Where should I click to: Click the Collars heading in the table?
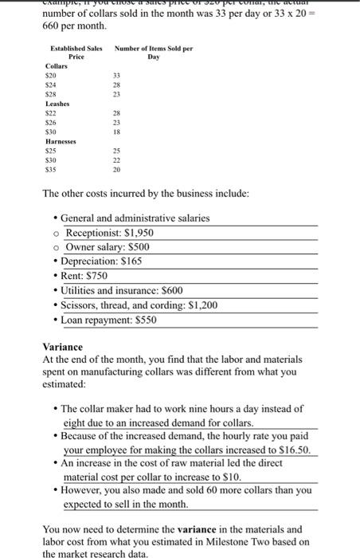pyautogui.click(x=57, y=66)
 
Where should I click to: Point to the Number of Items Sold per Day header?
pyautogui.click(x=154, y=53)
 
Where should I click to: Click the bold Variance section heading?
pyautogui.click(x=62, y=348)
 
